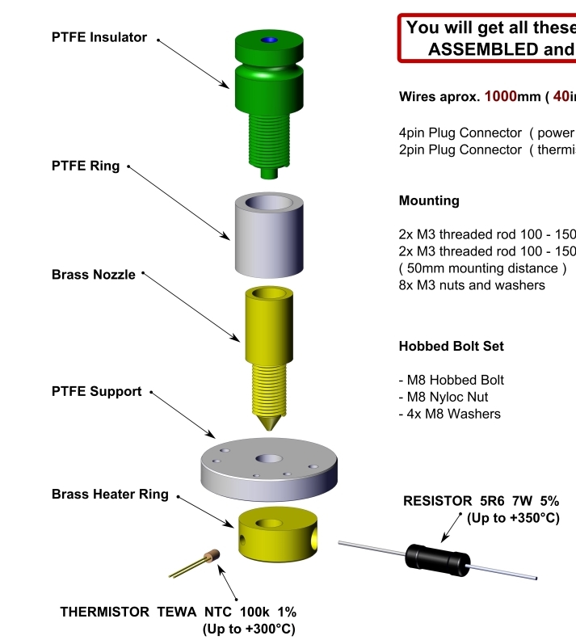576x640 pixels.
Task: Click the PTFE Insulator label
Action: (99, 37)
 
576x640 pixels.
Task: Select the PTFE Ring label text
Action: (86, 166)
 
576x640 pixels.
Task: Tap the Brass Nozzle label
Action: (94, 275)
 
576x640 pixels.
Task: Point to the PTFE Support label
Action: (96, 391)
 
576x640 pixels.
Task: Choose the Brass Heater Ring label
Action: (110, 494)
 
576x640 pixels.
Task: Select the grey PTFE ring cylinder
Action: (267, 234)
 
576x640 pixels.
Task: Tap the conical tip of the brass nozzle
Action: (268, 423)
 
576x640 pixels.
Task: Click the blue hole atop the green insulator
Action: (269, 40)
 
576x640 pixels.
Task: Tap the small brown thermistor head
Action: (212, 556)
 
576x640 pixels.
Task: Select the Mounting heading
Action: (429, 200)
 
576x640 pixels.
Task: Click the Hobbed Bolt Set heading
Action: (451, 346)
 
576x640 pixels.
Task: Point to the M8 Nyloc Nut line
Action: (444, 397)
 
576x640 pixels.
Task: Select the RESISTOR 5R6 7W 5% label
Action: (480, 501)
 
